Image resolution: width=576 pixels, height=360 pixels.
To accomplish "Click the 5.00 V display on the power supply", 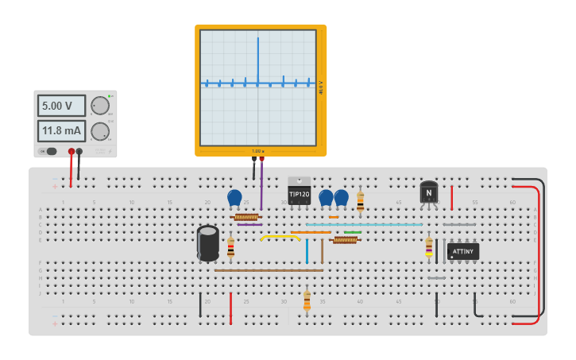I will [61, 106].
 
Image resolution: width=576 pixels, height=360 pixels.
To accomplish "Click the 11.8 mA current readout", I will [61, 130].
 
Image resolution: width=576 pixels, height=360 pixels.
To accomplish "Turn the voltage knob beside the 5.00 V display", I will [99, 106].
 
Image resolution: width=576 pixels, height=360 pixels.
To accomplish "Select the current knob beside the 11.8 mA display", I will [99, 131].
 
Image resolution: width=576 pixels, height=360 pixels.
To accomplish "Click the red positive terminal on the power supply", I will [72, 151].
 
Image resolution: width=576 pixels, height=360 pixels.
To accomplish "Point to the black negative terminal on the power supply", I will [79, 151].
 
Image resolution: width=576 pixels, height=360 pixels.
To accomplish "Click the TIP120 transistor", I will [299, 192].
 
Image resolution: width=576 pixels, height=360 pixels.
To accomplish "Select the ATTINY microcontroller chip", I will [462, 252].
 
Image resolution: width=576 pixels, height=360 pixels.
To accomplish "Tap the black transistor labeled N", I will [429, 192].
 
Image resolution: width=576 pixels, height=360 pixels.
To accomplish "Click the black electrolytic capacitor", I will [208, 242].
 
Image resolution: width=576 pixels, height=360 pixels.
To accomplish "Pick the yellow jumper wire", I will [280, 236].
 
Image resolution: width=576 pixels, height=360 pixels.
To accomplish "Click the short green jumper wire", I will [352, 232].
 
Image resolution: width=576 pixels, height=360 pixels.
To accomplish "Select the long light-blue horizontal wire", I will [365, 225].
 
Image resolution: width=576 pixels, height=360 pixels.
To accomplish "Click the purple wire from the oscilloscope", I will [261, 187].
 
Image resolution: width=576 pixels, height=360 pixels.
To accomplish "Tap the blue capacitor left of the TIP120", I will [234, 198].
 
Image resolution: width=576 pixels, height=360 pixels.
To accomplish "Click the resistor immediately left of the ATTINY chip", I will [429, 247].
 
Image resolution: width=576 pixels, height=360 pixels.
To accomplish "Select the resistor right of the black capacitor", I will [230, 248].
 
